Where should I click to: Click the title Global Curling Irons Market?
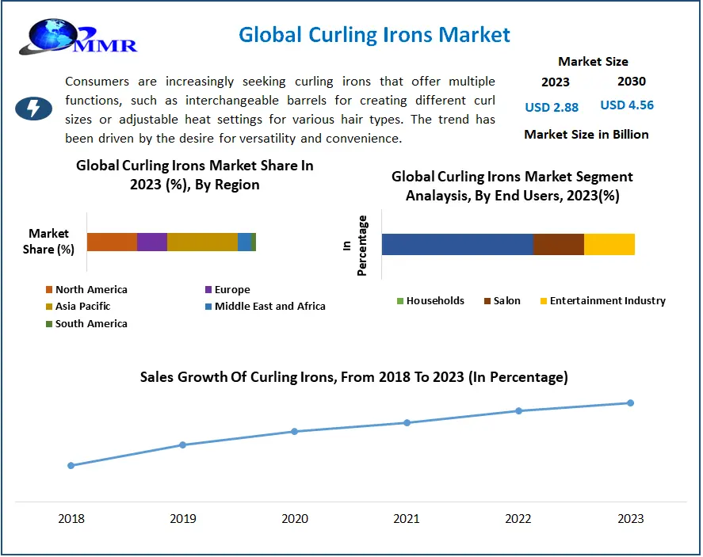[x=374, y=35]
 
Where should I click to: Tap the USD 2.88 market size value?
[x=552, y=107]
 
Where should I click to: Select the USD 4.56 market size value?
[x=627, y=105]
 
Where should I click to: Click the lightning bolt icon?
[x=34, y=108]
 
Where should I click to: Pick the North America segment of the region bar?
[x=112, y=242]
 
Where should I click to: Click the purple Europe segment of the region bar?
[x=152, y=242]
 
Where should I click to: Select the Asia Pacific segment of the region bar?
[x=202, y=242]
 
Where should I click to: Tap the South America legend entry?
[x=86, y=323]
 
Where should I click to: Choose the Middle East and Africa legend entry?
[x=265, y=306]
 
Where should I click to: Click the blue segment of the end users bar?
[x=457, y=244]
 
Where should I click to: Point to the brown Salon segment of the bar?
[x=559, y=244]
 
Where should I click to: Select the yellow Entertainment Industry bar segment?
[x=609, y=244]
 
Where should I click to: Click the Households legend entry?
[x=430, y=301]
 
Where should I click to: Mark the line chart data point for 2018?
[x=71, y=465]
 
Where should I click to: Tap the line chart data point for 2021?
[x=407, y=422]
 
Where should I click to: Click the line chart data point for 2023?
[x=631, y=402]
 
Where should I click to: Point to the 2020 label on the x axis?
[x=295, y=519]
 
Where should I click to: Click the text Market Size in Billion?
[x=586, y=135]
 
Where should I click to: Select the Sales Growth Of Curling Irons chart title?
[x=353, y=377]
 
